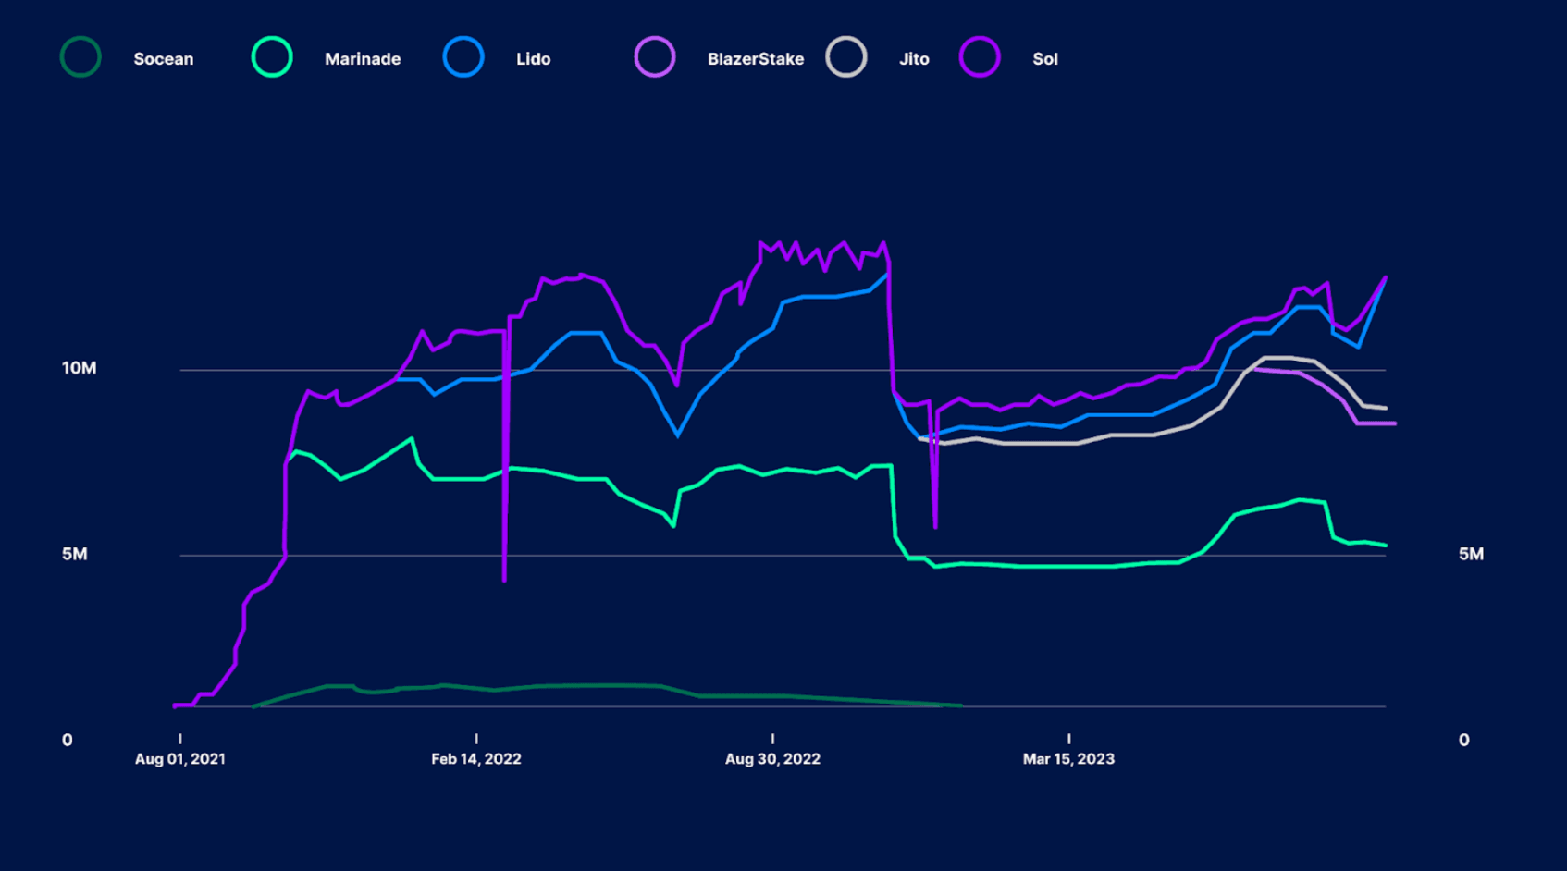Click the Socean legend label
(163, 59)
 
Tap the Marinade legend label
(362, 59)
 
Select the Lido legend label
(533, 59)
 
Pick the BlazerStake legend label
(755, 59)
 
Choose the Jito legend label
(913, 59)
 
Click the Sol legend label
(1044, 59)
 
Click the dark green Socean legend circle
(80, 57)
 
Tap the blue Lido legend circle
(463, 57)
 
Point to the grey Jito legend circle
(846, 57)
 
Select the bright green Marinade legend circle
(272, 57)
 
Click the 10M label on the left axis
(79, 368)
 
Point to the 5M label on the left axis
(74, 554)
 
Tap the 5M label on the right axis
(1471, 554)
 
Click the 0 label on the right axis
(1463, 740)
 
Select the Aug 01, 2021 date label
(179, 759)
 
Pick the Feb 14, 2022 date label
(475, 759)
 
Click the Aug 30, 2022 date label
(772, 759)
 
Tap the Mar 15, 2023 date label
(1068, 759)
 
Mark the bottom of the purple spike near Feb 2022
(504, 580)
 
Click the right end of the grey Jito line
(1385, 408)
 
